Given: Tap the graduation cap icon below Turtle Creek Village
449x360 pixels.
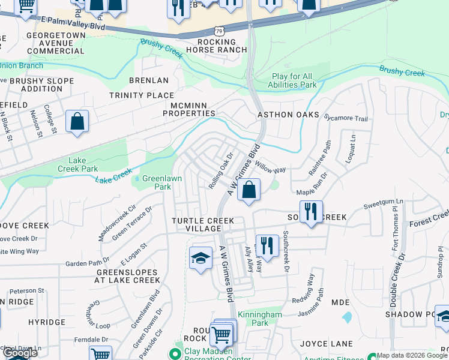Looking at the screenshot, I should [x=201, y=258].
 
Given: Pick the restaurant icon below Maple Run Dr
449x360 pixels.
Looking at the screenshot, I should [x=311, y=211].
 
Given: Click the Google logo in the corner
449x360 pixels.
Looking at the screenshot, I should [x=20, y=353].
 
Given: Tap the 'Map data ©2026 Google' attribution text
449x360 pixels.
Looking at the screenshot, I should [x=412, y=355].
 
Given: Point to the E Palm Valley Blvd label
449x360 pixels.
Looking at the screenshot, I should [x=74, y=23].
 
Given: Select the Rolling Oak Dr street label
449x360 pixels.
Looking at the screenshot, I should [x=220, y=173].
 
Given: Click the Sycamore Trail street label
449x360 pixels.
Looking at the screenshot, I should [x=346, y=118].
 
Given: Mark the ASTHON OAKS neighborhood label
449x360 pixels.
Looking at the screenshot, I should [x=288, y=115].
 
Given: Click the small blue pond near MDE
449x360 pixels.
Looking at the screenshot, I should [x=346, y=317].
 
